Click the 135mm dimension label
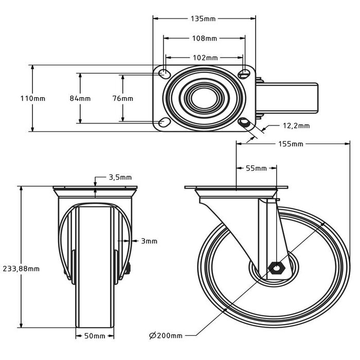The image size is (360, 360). click(x=204, y=19)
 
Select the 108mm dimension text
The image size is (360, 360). click(x=204, y=38)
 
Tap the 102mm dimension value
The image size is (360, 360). click(x=204, y=58)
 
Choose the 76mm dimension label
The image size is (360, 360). click(x=123, y=98)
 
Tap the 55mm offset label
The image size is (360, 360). click(x=256, y=168)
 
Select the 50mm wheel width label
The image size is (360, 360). click(x=94, y=336)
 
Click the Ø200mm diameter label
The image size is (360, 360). click(x=166, y=336)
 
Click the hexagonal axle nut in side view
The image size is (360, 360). click(x=276, y=267)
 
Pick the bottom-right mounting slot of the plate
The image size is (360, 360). click(x=245, y=122)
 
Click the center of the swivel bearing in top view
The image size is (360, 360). click(x=204, y=98)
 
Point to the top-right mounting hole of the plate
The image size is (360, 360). click(x=244, y=74)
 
